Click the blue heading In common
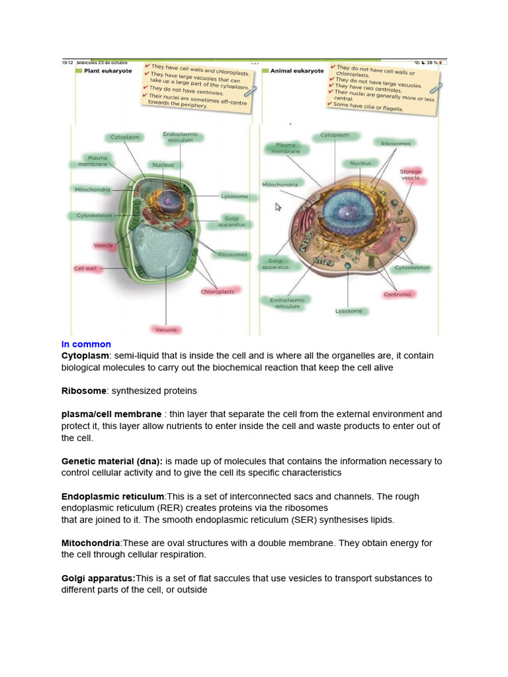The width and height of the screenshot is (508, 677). click(86, 344)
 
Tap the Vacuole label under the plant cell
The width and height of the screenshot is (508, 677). click(165, 329)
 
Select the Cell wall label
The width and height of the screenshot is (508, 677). click(85, 268)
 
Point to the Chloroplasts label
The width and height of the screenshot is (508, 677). click(217, 291)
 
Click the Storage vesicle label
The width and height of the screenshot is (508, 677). click(410, 175)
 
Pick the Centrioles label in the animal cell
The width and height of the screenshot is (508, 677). click(397, 294)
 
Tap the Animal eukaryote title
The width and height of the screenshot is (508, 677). click(297, 71)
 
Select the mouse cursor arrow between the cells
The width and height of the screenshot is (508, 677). click(278, 207)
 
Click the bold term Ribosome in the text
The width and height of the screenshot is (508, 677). click(85, 391)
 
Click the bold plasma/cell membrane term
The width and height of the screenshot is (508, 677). click(111, 415)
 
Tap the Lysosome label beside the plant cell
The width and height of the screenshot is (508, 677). click(234, 196)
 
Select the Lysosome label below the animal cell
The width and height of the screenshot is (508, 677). click(349, 311)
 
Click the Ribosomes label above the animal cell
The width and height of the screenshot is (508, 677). click(396, 143)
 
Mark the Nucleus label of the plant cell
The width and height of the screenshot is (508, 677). click(163, 165)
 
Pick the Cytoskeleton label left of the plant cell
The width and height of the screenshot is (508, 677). click(94, 216)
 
